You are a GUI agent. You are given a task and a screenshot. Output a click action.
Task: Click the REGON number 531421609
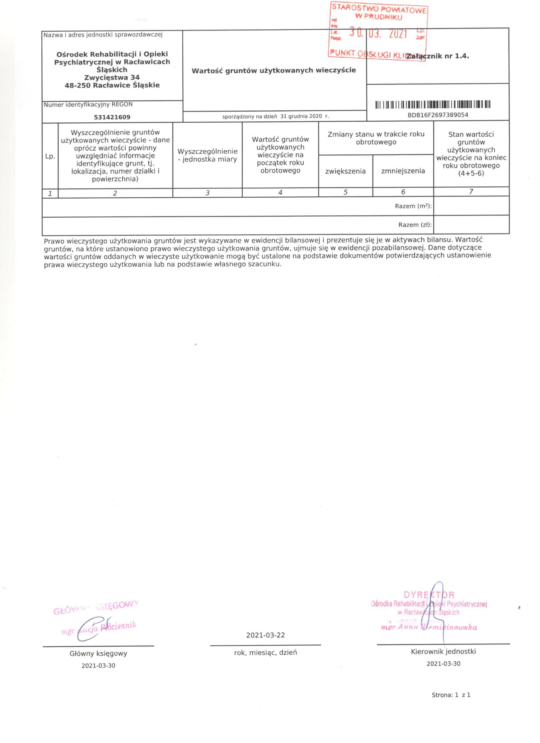(112, 117)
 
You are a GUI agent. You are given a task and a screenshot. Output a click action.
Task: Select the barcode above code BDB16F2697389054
(433, 105)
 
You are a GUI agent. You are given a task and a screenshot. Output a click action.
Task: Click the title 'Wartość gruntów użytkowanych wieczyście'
(274, 71)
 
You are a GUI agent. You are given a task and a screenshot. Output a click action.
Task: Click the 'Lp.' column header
(50, 157)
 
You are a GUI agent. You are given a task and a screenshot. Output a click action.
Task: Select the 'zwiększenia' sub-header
(346, 171)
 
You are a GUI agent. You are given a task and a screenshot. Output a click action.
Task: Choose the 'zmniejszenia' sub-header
(403, 171)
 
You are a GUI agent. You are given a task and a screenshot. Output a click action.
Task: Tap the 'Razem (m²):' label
(413, 206)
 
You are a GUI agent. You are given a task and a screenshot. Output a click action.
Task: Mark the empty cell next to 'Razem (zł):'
(471, 225)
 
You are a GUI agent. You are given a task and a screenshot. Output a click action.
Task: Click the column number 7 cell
(471, 192)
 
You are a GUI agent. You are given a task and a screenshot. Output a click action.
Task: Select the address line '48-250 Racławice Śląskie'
(112, 85)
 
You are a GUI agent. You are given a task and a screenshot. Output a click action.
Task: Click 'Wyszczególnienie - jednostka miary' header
(207, 156)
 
